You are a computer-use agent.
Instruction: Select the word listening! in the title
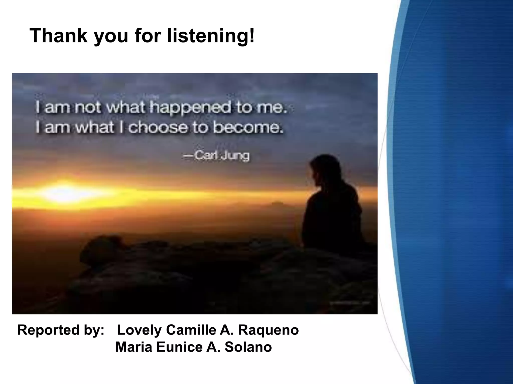(x=211, y=36)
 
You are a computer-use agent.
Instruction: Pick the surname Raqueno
(x=268, y=330)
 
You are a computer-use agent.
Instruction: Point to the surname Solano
(x=248, y=347)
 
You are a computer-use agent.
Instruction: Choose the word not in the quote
(x=88, y=108)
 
